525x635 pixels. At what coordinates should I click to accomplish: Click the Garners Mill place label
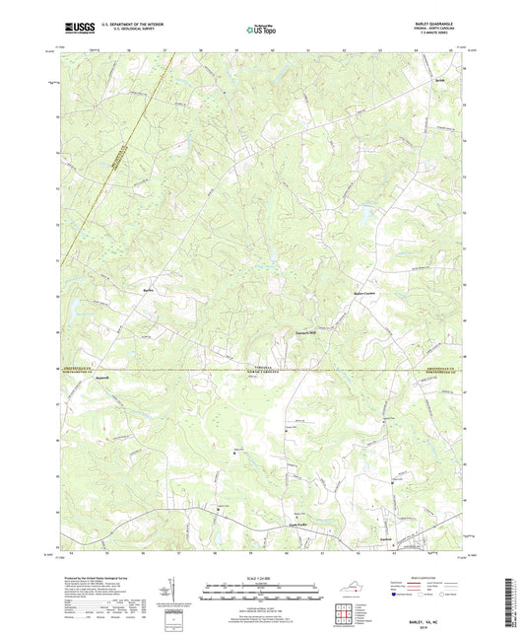point(308,332)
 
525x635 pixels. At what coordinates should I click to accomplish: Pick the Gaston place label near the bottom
point(387,537)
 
